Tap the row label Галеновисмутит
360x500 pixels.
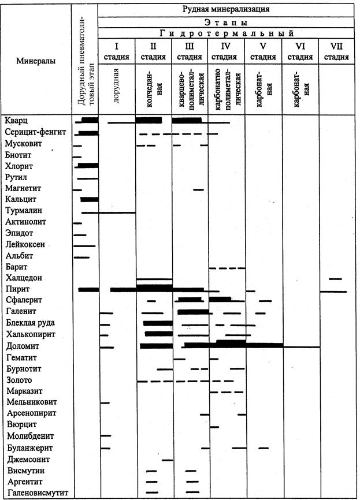point(37,492)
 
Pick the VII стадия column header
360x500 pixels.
point(336,51)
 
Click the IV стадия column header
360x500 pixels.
point(226,51)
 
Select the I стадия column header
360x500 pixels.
point(116,51)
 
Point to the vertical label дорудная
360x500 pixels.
point(116,86)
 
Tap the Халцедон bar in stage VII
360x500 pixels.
point(335,279)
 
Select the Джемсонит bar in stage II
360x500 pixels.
point(168,460)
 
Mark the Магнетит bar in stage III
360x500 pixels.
point(198,189)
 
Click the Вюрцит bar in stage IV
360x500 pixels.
point(214,426)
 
